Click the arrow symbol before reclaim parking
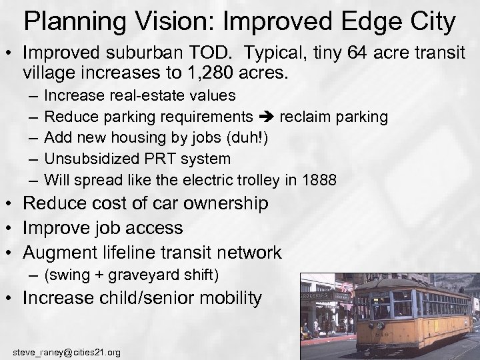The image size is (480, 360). point(267,118)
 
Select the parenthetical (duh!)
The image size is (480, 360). point(245,138)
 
